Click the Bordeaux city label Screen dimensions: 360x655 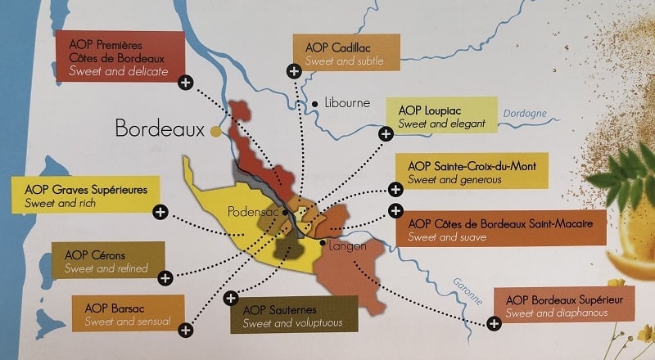pyautogui.click(x=160, y=129)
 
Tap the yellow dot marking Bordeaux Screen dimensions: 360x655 pyautogui.click(x=216, y=131)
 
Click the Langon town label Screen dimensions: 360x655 pyautogui.click(x=348, y=245)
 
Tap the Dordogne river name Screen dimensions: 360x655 pyautogui.click(x=525, y=115)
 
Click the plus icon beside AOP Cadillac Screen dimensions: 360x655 pyautogui.click(x=293, y=70)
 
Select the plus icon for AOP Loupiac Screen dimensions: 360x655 pyautogui.click(x=385, y=133)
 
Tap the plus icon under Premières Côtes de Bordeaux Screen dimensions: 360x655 pyautogui.click(x=186, y=82)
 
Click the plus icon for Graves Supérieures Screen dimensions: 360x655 pyautogui.click(x=160, y=212)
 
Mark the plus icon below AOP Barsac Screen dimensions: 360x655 pyautogui.click(x=186, y=330)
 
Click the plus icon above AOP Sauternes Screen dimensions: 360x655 pyautogui.click(x=231, y=297)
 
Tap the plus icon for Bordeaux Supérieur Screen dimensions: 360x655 pyautogui.click(x=494, y=323)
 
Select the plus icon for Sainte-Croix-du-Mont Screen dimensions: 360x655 pyautogui.click(x=395, y=189)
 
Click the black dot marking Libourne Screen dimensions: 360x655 pyautogui.click(x=314, y=104)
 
